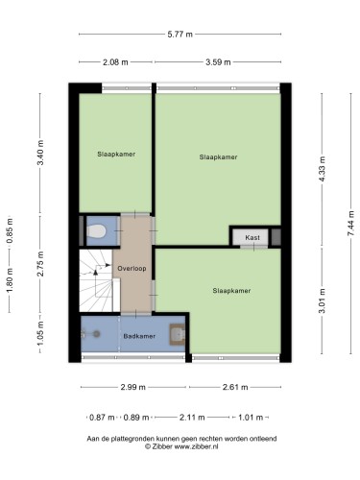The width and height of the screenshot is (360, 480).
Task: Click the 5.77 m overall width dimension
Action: [x=180, y=34]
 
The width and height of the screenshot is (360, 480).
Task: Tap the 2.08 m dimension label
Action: [x=115, y=62]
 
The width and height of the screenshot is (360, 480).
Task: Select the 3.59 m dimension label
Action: [x=218, y=62]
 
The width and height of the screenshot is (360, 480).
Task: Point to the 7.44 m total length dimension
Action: [x=351, y=224]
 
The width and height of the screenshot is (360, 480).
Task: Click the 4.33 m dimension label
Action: [x=322, y=169]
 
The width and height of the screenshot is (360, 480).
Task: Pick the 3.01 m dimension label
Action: [x=322, y=300]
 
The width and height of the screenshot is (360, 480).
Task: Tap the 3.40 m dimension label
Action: [x=40, y=153]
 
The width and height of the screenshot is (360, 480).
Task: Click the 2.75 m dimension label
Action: [x=40, y=264]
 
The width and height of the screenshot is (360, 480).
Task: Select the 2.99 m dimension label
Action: [x=132, y=387]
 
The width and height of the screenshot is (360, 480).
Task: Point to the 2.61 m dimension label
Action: [x=235, y=387]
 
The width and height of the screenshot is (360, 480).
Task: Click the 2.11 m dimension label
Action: [x=192, y=418]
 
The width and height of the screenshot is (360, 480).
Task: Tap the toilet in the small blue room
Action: [x=96, y=231]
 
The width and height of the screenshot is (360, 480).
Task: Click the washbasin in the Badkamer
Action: [x=177, y=334]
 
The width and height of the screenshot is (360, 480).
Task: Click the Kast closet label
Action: [x=252, y=237]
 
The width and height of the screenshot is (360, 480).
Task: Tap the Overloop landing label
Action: [x=132, y=269]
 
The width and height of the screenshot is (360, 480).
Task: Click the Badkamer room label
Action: [x=139, y=336]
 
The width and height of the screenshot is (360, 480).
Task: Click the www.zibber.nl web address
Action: [x=196, y=446]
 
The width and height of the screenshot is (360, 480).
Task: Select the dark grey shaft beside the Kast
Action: [x=276, y=237]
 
